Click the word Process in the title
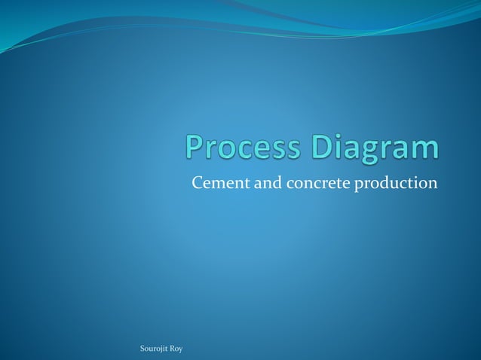pyautogui.click(x=240, y=148)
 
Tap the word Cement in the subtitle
pyautogui.click(x=216, y=183)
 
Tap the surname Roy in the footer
pyautogui.click(x=176, y=348)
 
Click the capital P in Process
pyautogui.click(x=195, y=147)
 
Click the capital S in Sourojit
pyautogui.click(x=143, y=348)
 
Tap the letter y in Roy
pyautogui.click(x=181, y=349)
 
